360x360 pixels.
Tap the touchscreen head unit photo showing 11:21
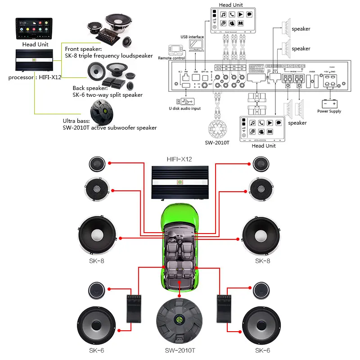click(x=34, y=29)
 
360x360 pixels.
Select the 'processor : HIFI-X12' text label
click(x=35, y=77)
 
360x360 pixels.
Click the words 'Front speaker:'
click(x=83, y=49)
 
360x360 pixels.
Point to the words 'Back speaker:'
click(x=90, y=88)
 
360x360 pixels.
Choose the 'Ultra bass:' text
click(x=77, y=121)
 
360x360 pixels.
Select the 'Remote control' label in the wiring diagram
click(x=172, y=58)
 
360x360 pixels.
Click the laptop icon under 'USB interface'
click(x=197, y=45)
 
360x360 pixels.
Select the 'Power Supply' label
click(x=329, y=111)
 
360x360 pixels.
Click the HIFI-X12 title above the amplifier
click(x=179, y=159)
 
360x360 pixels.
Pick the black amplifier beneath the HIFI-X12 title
click(x=179, y=182)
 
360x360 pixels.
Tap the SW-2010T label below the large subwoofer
click(x=179, y=350)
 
